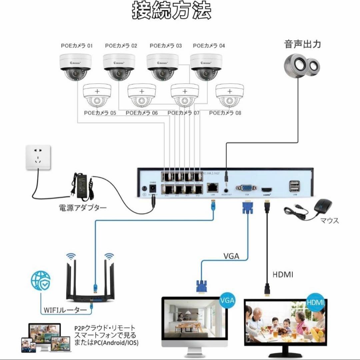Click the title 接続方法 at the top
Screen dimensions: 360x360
point(171,11)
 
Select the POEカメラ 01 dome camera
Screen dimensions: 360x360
point(75,67)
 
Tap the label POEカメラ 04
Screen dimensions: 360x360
point(209,46)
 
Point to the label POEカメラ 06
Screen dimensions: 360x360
point(142,113)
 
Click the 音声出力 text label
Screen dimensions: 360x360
point(303,44)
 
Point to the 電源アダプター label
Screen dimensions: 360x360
point(83,208)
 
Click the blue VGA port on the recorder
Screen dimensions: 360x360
point(247,189)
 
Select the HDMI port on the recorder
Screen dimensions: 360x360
point(267,189)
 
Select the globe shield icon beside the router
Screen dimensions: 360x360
point(40,280)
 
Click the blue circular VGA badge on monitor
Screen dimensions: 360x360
point(227,300)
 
